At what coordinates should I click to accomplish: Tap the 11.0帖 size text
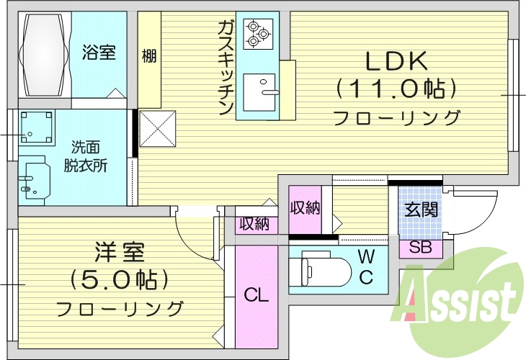(396, 89)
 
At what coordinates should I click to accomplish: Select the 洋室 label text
(120, 253)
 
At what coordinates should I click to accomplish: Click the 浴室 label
(99, 53)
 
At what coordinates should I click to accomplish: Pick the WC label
(366, 266)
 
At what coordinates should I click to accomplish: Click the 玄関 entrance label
(420, 210)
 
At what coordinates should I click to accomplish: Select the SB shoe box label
(420, 248)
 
